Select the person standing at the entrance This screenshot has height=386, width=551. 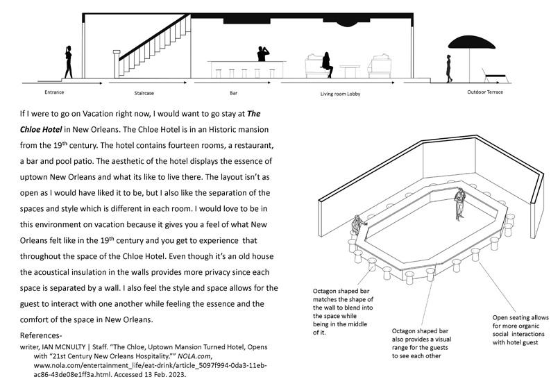[x=69, y=62]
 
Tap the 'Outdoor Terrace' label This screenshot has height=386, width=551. [x=486, y=92]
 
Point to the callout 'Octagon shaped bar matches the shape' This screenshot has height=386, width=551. [x=344, y=309]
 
